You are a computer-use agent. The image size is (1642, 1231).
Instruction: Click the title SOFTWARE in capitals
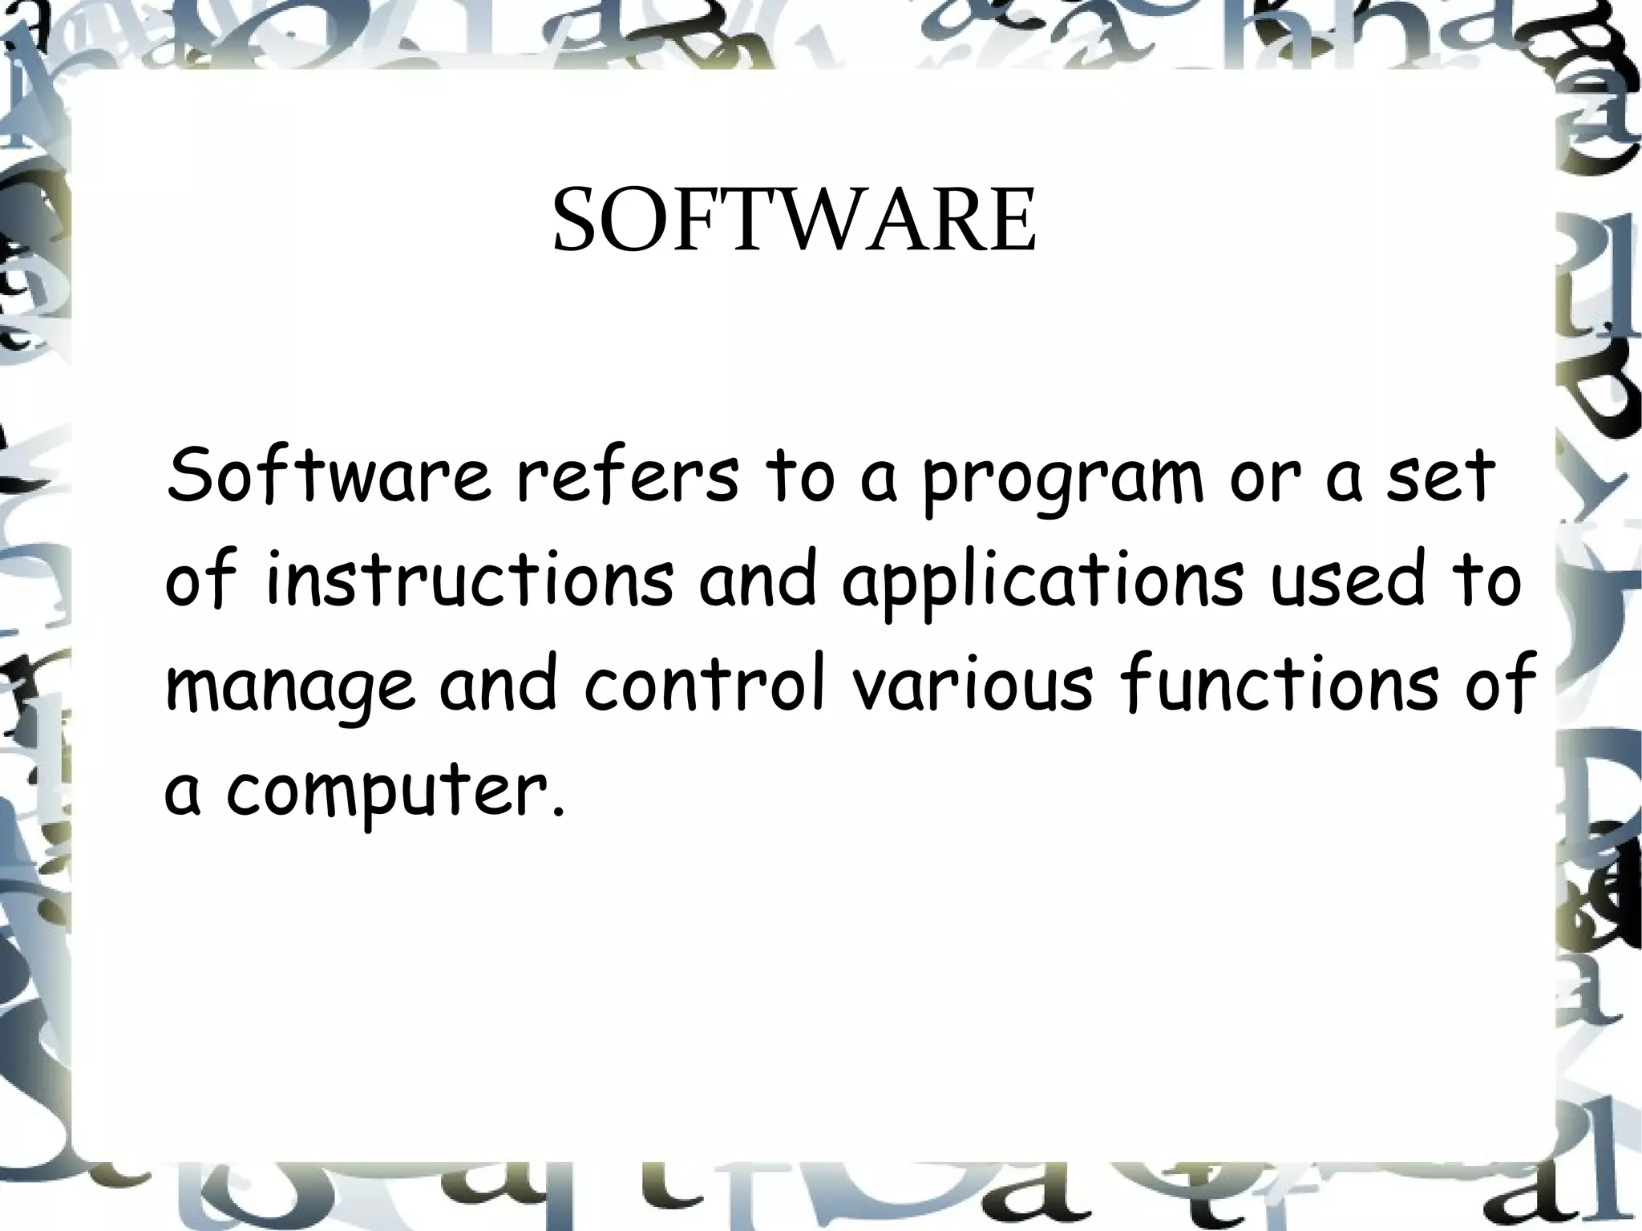coord(794,220)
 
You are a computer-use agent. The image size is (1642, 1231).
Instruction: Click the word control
coord(706,686)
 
